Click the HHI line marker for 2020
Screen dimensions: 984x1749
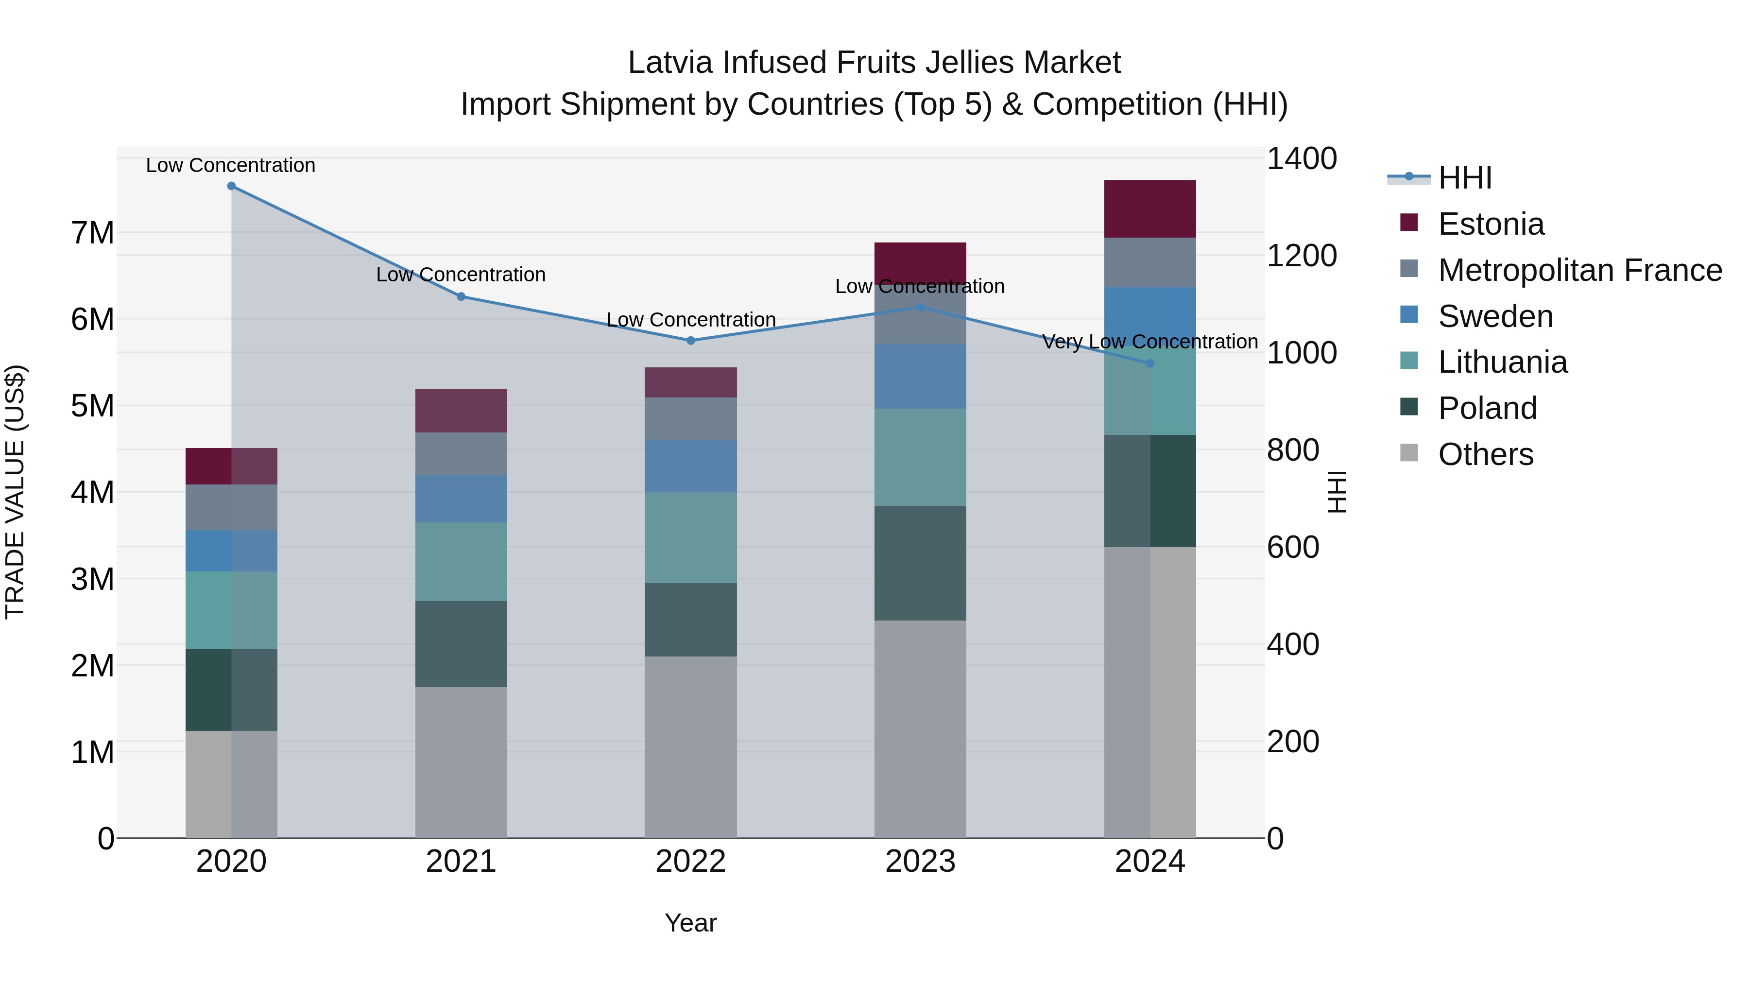click(232, 186)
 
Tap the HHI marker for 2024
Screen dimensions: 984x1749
click(1150, 364)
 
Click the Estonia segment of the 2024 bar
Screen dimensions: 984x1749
click(1150, 209)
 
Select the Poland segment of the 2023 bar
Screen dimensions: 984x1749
click(920, 563)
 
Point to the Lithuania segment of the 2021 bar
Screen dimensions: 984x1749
click(461, 562)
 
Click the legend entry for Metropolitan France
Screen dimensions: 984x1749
click(1580, 270)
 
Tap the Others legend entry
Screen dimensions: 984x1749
click(1486, 454)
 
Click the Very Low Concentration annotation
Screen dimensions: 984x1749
click(1149, 342)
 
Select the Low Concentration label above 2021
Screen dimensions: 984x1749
click(461, 275)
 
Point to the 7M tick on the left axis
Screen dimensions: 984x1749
click(92, 233)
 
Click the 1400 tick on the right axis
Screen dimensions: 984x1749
click(1302, 159)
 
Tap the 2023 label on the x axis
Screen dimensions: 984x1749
click(920, 862)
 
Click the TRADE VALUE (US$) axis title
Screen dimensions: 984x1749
click(15, 492)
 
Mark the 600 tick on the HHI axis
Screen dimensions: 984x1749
click(1293, 547)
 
